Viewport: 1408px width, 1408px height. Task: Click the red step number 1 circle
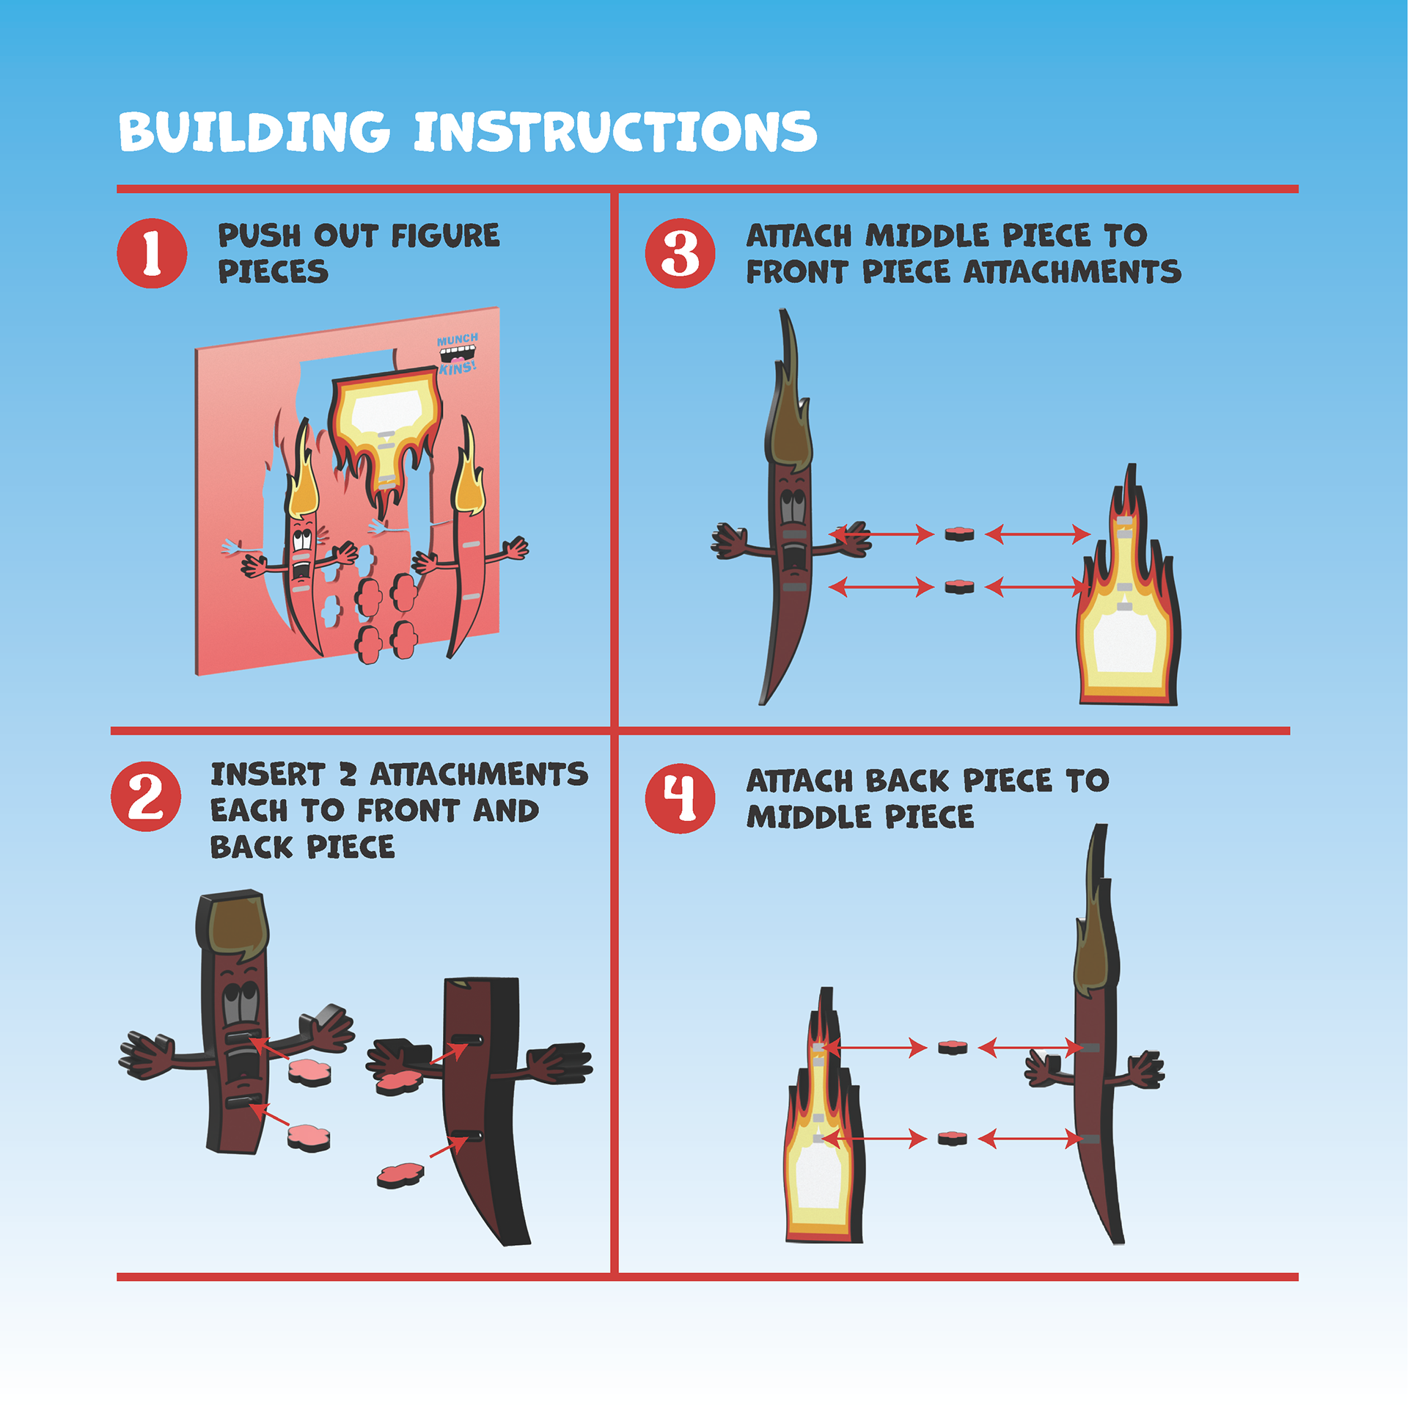(x=152, y=253)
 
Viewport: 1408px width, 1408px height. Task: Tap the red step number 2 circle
(x=146, y=796)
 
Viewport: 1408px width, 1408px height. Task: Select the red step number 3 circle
(x=680, y=253)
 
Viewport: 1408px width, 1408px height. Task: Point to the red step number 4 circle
(x=680, y=798)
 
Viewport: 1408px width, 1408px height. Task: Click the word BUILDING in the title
(x=254, y=132)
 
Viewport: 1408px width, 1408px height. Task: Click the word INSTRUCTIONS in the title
(x=615, y=132)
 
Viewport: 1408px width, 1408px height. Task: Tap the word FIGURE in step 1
(x=445, y=236)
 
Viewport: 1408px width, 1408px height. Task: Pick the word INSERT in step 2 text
(x=268, y=775)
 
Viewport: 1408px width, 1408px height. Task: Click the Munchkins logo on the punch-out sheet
(x=458, y=353)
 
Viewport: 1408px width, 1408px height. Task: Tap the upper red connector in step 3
(x=959, y=534)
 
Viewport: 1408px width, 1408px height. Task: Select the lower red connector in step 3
(x=959, y=586)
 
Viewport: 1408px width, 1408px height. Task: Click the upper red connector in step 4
(x=953, y=1047)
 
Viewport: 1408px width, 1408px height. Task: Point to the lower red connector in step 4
(x=953, y=1138)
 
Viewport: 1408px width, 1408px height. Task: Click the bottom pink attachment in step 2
(x=400, y=1175)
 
